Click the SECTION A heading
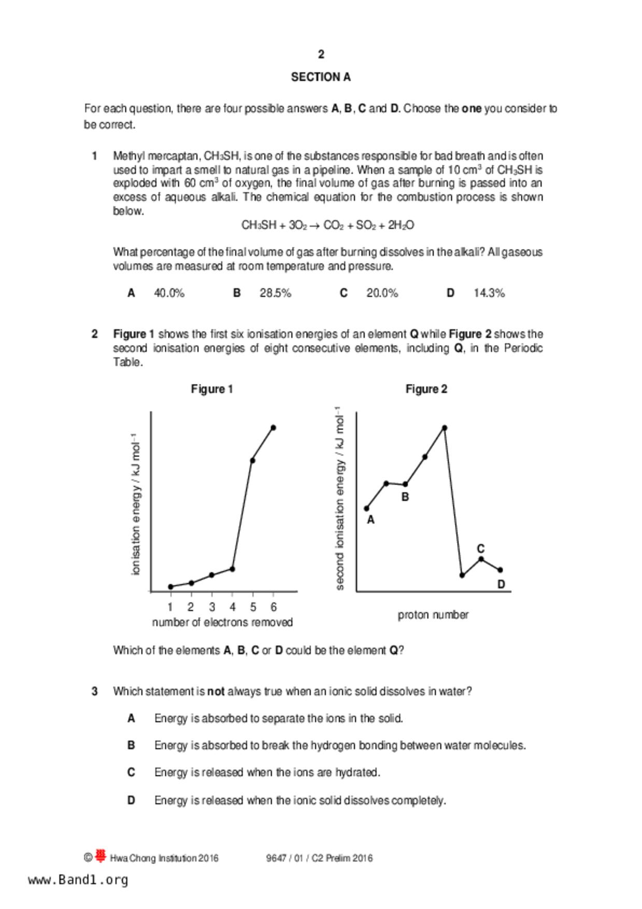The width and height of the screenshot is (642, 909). coord(321,77)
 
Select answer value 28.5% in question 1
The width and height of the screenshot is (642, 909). coord(275,293)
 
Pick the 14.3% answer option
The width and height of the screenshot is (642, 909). coord(489,293)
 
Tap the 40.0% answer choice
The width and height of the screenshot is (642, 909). coord(169,293)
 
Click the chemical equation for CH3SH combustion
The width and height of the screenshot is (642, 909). coord(327,225)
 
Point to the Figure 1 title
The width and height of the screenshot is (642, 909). coord(212,389)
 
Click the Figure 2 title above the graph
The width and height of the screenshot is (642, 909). coord(426,389)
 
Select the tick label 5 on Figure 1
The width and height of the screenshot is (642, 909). coord(253,607)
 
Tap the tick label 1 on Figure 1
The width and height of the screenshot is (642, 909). coord(170,607)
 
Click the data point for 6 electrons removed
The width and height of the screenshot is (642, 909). coord(273,428)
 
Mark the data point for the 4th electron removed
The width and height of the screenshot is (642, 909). coord(232,569)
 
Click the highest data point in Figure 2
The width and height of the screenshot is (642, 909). coord(445,428)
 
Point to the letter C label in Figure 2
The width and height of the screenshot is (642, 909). coord(480,549)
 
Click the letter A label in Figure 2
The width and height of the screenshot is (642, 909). coord(370,520)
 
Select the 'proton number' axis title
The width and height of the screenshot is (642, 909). coord(433,615)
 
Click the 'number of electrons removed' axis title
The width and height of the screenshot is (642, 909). coord(222,622)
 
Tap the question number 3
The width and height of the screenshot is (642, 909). coord(94,691)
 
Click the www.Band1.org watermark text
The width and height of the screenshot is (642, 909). coord(78,880)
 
